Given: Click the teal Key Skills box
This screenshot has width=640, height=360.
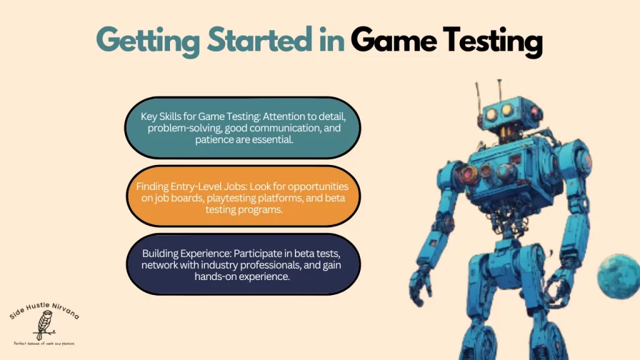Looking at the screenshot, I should coord(242,128).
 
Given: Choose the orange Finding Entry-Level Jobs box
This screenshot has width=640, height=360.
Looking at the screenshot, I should coord(242,196).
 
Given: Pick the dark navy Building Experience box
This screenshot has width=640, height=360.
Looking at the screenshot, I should coord(242,264).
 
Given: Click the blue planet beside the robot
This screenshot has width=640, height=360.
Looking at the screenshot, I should coord(618,271).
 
